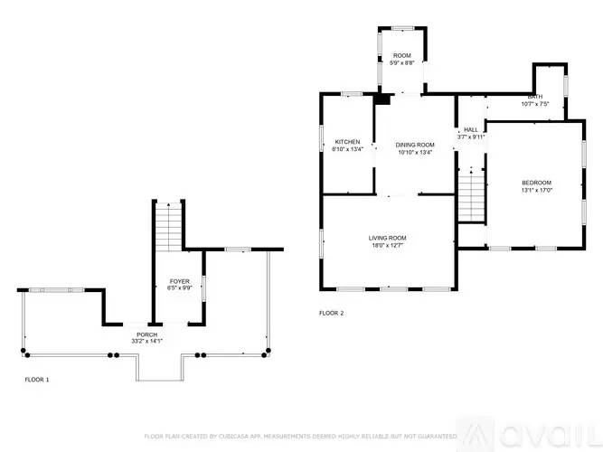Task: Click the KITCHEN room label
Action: tap(348, 142)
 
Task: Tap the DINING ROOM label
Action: tap(415, 145)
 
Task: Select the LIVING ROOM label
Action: tap(387, 238)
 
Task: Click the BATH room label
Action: tap(535, 97)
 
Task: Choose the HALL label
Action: tap(471, 129)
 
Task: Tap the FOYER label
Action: tap(179, 281)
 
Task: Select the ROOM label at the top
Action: tap(401, 56)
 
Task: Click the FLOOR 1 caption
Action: tap(37, 380)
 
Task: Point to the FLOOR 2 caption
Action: tap(332, 313)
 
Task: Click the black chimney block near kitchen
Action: tap(382, 99)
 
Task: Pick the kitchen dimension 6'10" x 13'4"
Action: tap(348, 150)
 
